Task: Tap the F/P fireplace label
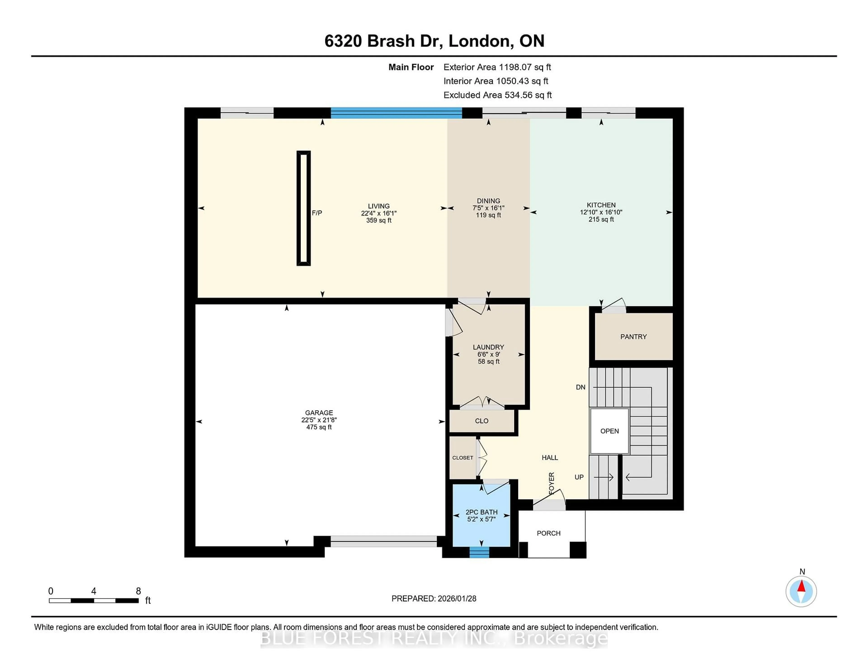pos(317,213)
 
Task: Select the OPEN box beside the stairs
pos(609,431)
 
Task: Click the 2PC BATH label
pos(481,512)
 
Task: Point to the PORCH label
pos(548,533)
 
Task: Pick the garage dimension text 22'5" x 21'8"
pos(319,420)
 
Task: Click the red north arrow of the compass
pos(801,586)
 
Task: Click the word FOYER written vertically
pos(552,483)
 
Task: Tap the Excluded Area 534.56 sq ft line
pos(497,95)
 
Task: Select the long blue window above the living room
pos(396,113)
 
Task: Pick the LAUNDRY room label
pos(488,347)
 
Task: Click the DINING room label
pos(488,201)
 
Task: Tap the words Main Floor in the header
pos(411,67)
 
